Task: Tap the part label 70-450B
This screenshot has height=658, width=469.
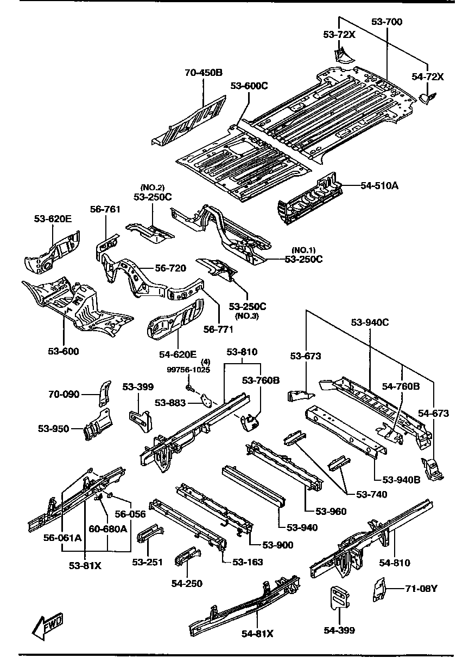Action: click(204, 73)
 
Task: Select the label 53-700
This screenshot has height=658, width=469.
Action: click(387, 22)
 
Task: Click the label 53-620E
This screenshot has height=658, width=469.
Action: click(53, 219)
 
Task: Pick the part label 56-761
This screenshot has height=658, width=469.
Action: click(105, 209)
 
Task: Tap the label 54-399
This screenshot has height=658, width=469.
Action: click(339, 630)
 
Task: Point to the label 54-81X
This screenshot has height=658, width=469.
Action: click(258, 634)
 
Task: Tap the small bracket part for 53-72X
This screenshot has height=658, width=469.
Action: click(340, 53)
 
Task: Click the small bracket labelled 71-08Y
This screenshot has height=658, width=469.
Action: click(378, 590)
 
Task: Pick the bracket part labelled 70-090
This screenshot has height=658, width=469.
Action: click(104, 392)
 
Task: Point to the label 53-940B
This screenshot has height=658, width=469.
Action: click(402, 479)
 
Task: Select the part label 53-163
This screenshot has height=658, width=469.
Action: click(248, 562)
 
